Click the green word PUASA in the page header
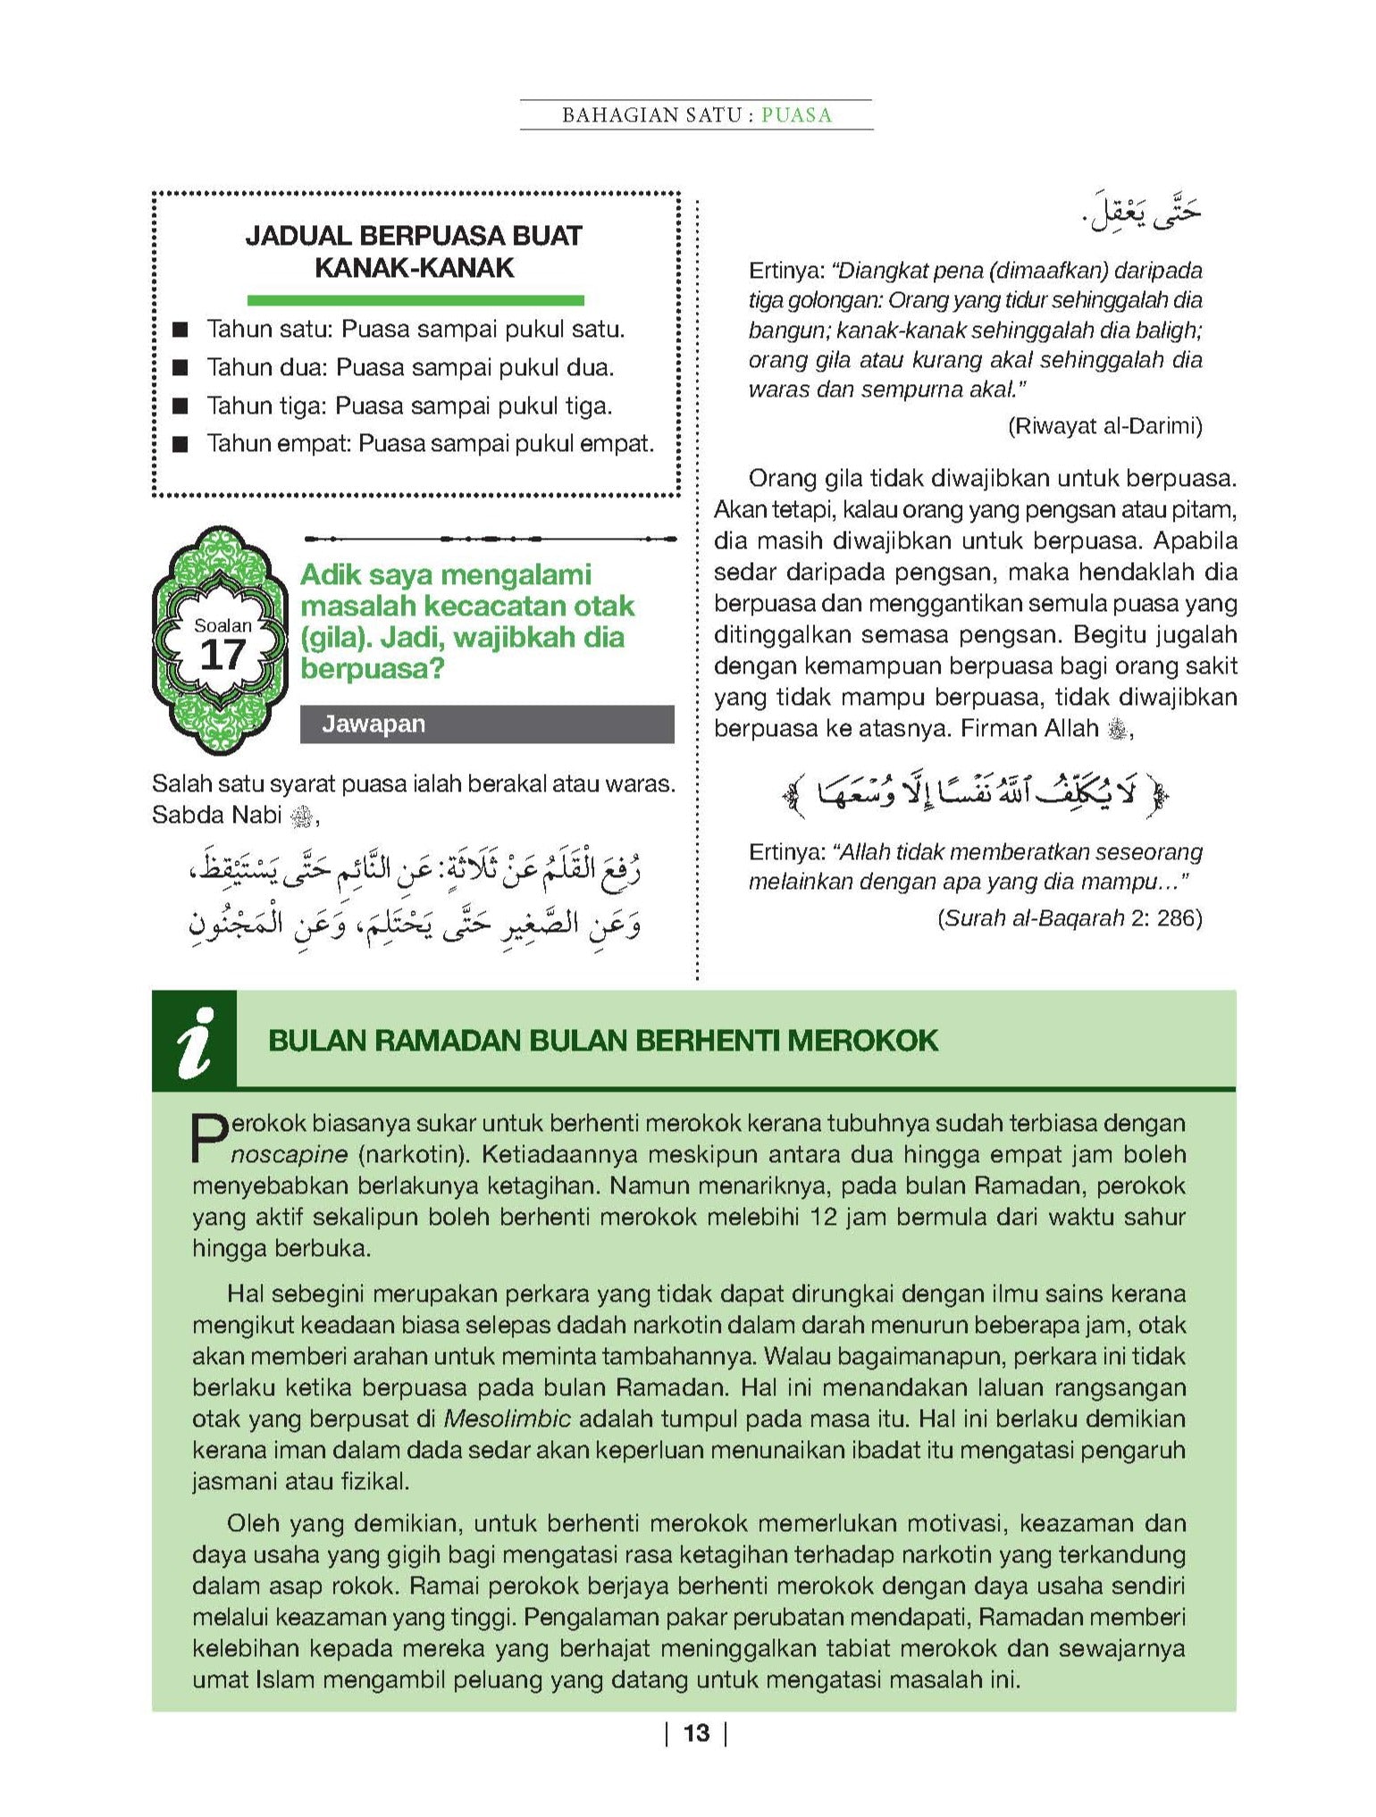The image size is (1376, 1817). point(796,115)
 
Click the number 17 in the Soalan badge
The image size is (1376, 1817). point(222,655)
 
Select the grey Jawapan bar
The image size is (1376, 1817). point(486,724)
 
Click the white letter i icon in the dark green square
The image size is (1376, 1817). point(195,1042)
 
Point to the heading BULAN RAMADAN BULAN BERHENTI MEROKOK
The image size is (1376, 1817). point(603,1041)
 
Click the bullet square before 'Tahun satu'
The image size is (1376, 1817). point(181,331)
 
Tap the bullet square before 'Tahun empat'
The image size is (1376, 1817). point(181,444)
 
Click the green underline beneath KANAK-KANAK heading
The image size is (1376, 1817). point(415,301)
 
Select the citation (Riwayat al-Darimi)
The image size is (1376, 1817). point(1104,426)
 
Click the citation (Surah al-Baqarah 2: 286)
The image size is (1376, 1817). point(1070,917)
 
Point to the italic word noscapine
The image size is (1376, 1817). point(289,1154)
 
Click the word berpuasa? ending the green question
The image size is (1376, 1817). point(372,668)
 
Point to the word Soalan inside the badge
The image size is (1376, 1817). point(222,625)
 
